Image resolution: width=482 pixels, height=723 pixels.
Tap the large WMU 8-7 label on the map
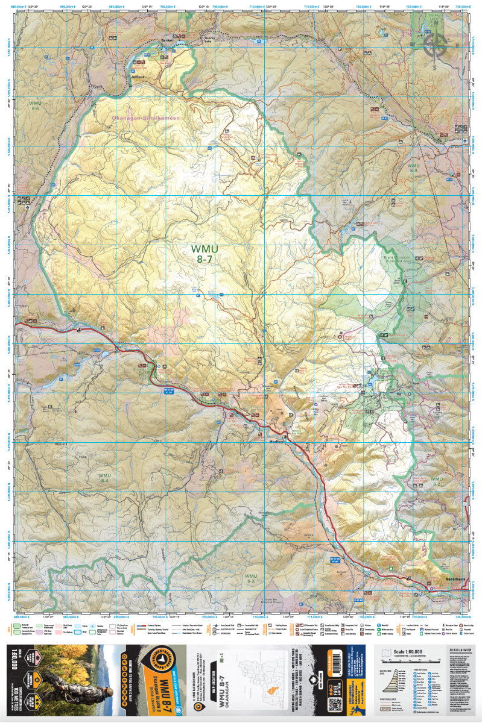point(205,254)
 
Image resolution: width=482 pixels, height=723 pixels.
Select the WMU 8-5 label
point(34,105)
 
